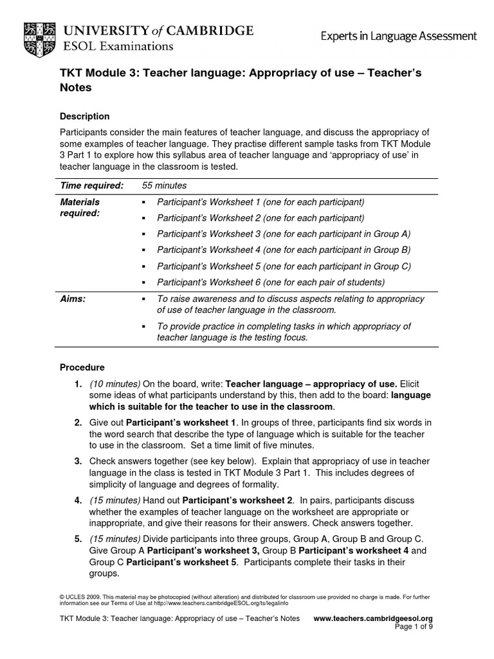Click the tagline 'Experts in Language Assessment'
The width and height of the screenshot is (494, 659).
coord(399,37)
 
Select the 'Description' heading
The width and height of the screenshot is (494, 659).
coord(84,116)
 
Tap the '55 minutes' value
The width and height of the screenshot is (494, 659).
coord(164,185)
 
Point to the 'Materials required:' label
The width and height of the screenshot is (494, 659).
coord(80,207)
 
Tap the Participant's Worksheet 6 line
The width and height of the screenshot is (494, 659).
coord(262,282)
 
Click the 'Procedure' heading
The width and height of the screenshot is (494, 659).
coord(82,367)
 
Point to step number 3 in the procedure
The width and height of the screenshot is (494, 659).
coord(77,461)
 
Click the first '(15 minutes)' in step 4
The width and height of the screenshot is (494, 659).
coord(114,500)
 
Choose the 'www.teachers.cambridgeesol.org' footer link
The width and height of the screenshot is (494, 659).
coord(372,618)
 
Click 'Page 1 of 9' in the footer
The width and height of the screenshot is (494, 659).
coord(412,627)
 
